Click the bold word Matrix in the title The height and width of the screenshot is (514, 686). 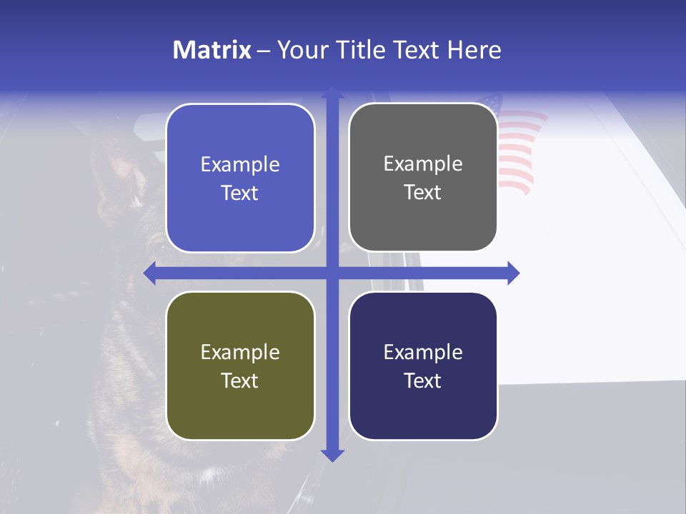click(x=212, y=50)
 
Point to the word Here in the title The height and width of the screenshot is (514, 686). click(x=474, y=50)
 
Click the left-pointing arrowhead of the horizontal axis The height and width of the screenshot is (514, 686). click(x=150, y=273)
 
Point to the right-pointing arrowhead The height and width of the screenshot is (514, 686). click(x=513, y=273)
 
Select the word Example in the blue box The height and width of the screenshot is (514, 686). click(x=240, y=165)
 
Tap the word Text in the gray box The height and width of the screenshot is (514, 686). click(x=423, y=193)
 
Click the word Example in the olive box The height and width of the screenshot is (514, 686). click(x=240, y=353)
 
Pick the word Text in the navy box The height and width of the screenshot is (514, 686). click(x=423, y=381)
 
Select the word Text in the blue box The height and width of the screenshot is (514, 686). click(x=240, y=193)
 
